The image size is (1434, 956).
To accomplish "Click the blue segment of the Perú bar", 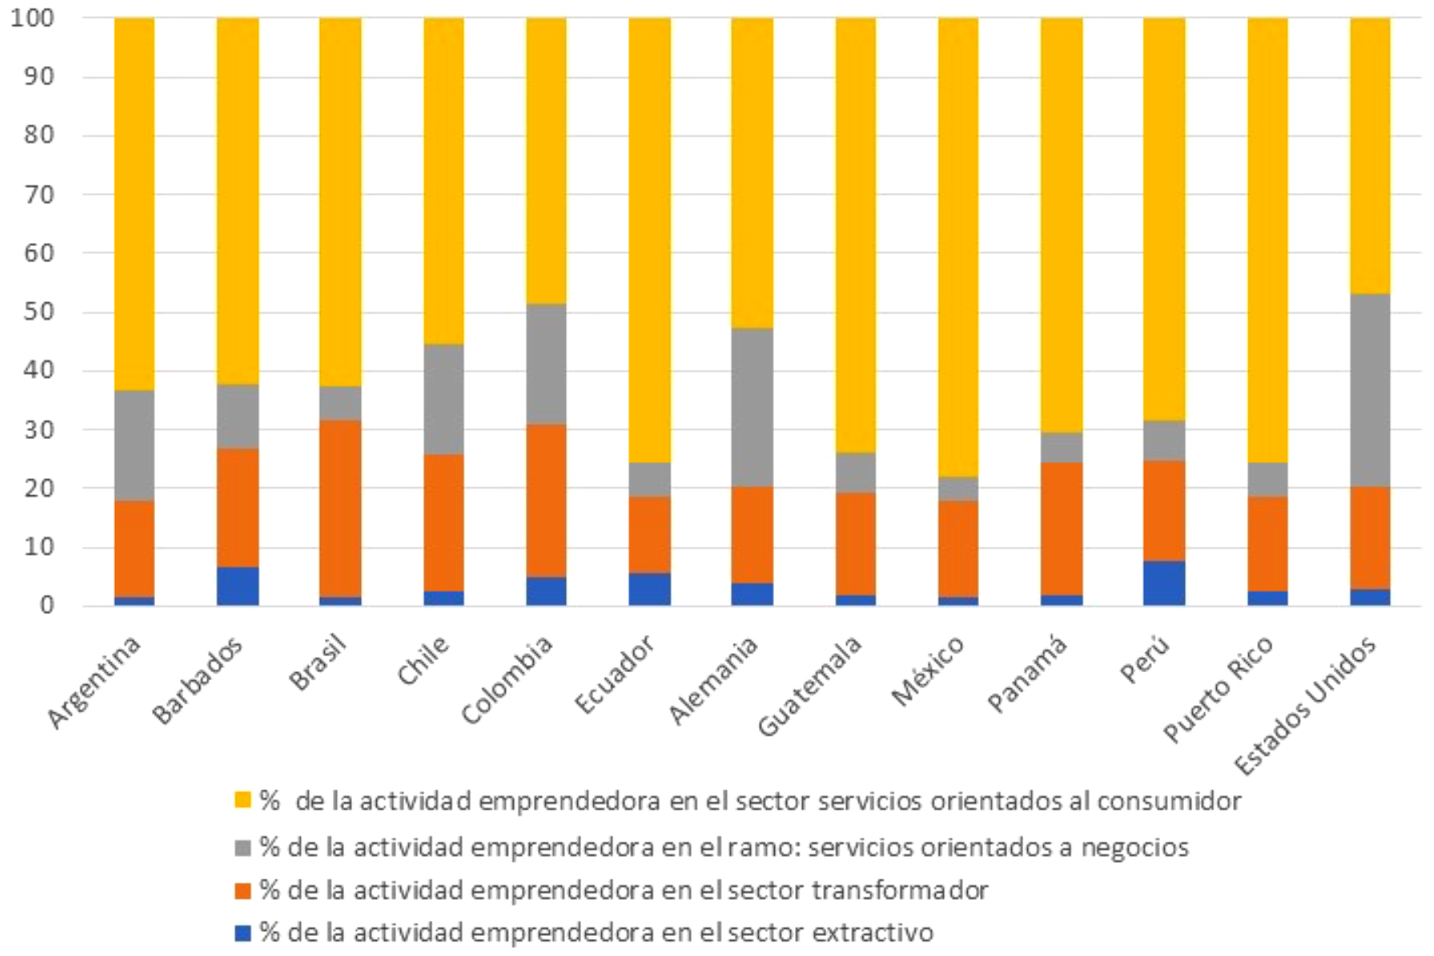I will click(x=1163, y=583).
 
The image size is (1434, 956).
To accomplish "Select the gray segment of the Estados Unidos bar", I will click(x=1370, y=390).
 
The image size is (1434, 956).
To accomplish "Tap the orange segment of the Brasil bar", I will click(x=340, y=508).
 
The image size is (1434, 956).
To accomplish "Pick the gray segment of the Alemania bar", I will click(x=752, y=407).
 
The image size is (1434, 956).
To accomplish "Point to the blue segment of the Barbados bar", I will click(x=238, y=586).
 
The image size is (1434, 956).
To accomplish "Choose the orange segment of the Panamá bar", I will click(x=1061, y=528).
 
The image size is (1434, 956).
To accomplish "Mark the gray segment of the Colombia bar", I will click(x=546, y=363).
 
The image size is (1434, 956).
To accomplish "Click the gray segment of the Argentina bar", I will click(x=134, y=445).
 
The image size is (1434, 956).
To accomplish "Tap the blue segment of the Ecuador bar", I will click(x=649, y=589).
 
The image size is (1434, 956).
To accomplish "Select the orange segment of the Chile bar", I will click(x=444, y=523).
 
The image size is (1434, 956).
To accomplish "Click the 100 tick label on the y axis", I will click(x=32, y=18).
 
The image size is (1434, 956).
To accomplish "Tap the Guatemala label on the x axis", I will click(x=810, y=685).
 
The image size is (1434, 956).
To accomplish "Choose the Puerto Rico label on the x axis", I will click(x=1219, y=687).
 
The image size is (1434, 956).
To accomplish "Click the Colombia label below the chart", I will click(x=508, y=679).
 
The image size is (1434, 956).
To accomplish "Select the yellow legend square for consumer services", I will click(x=243, y=800).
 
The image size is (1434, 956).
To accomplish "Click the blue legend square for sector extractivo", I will click(x=243, y=933).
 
